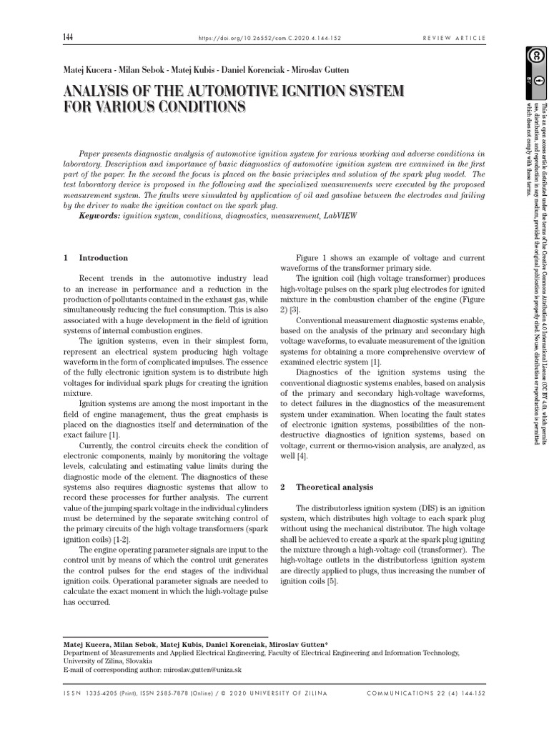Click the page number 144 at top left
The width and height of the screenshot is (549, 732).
click(69, 37)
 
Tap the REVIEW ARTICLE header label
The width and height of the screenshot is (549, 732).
click(455, 38)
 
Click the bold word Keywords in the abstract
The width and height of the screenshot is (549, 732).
click(99, 215)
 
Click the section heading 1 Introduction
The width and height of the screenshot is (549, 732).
click(96, 258)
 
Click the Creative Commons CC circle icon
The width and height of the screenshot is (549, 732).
click(533, 56)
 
